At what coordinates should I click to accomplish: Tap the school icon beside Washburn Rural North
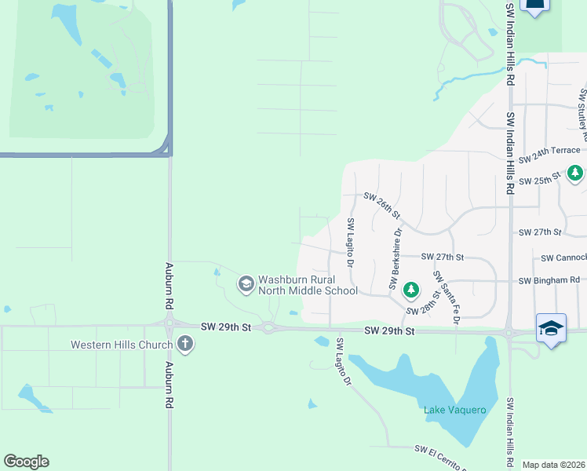coord(246,283)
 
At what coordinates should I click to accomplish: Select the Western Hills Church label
coord(121,345)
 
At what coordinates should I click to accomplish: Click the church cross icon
coord(184,344)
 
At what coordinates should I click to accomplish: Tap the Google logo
coord(26,462)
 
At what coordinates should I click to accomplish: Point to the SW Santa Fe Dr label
coord(446,298)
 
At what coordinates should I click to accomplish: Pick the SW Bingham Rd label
coord(549,280)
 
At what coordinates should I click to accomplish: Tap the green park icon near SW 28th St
coord(410,291)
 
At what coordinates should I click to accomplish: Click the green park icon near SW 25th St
coord(575,173)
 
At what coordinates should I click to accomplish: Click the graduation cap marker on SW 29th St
coord(551,328)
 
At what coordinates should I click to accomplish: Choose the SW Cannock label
coord(563,257)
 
